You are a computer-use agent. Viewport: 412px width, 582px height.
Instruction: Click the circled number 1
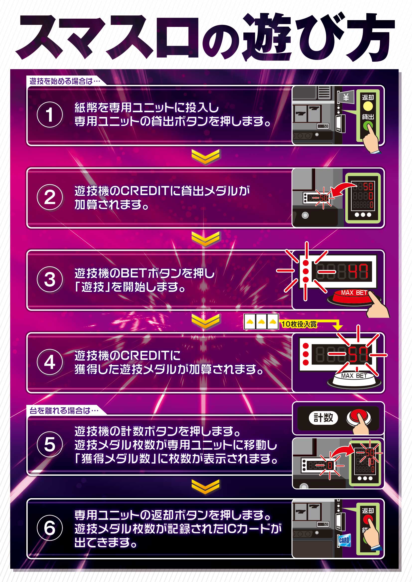(50, 114)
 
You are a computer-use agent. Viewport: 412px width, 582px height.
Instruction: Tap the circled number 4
(50, 362)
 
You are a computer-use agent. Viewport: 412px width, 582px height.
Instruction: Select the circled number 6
(50, 528)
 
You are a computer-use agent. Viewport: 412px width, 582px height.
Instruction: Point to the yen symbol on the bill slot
(346, 97)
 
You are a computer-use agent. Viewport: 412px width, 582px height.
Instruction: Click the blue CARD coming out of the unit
(344, 540)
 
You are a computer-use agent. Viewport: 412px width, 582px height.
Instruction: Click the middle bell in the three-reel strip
(261, 322)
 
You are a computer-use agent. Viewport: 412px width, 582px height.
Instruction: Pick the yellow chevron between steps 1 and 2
(205, 157)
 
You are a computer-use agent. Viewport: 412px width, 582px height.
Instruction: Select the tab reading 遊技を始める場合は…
(65, 81)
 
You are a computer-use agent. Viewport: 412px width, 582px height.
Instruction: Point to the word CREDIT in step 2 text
(145, 191)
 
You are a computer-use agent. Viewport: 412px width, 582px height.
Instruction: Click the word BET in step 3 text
(133, 273)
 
